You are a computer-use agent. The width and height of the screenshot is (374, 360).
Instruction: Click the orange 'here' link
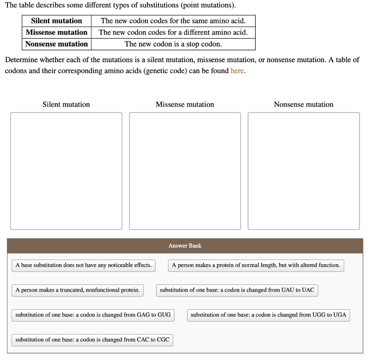coord(237,71)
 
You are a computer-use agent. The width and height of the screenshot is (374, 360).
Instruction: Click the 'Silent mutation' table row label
coord(57,21)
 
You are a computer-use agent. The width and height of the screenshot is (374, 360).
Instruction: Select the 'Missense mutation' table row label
coord(57,33)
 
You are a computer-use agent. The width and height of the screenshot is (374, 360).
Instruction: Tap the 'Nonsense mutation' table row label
coord(57,44)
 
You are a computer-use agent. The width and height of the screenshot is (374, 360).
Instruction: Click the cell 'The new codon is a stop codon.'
coord(173,44)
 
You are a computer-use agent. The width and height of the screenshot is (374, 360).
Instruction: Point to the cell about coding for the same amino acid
coord(173,21)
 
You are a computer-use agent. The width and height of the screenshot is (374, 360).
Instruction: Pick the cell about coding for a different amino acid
coord(173,33)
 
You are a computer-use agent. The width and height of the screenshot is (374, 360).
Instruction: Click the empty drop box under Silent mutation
coord(66,171)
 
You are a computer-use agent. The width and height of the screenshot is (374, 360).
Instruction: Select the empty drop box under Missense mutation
coord(185,171)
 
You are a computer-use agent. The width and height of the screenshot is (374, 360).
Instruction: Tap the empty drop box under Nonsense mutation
coord(304,171)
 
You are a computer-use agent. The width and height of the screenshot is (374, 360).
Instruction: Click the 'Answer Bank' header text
coord(185,246)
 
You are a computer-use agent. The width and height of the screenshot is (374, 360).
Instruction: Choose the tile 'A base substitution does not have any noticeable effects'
coord(84,265)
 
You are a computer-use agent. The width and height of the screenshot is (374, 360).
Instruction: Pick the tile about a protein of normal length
coord(256,265)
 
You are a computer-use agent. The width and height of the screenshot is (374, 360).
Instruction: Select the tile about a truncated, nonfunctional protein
coord(77,290)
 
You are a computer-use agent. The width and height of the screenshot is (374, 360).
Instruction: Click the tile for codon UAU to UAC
coord(237,290)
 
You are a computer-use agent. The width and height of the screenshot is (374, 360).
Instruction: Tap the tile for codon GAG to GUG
coord(93,315)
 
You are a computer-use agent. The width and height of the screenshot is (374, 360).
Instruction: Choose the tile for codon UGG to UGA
coord(268,315)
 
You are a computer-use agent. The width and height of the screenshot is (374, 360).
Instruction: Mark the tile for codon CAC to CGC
coord(92,340)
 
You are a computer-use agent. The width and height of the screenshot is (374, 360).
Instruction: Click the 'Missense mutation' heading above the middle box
coord(185,105)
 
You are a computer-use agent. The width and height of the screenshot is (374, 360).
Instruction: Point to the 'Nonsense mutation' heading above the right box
coord(304,105)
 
